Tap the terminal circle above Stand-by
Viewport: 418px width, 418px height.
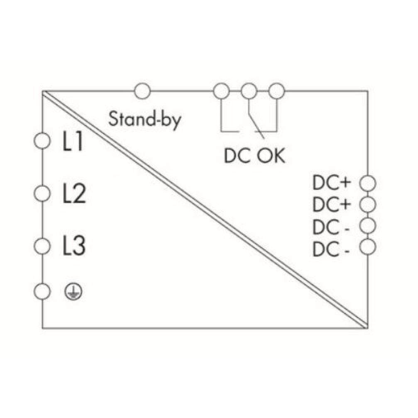pos(142,91)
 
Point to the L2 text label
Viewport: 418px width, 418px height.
pos(74,194)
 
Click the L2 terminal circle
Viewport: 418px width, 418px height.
pos(42,193)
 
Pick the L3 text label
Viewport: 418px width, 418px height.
pos(74,246)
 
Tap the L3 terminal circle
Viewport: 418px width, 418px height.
pos(42,246)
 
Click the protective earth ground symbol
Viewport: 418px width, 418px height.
pos(73,292)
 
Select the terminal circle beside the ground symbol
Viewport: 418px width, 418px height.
pos(42,291)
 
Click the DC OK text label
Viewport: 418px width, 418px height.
pos(254,156)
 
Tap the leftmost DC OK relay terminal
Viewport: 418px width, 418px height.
pos(221,91)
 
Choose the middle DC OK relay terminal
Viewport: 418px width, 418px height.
pos(249,91)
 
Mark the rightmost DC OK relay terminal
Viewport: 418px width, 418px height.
pos(276,91)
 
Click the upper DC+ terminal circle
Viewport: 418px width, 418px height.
pos(368,183)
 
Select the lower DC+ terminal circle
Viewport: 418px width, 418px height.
pos(368,205)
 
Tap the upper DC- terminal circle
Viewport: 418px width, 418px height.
pos(368,225)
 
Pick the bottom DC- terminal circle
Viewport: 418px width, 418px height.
pos(368,247)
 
